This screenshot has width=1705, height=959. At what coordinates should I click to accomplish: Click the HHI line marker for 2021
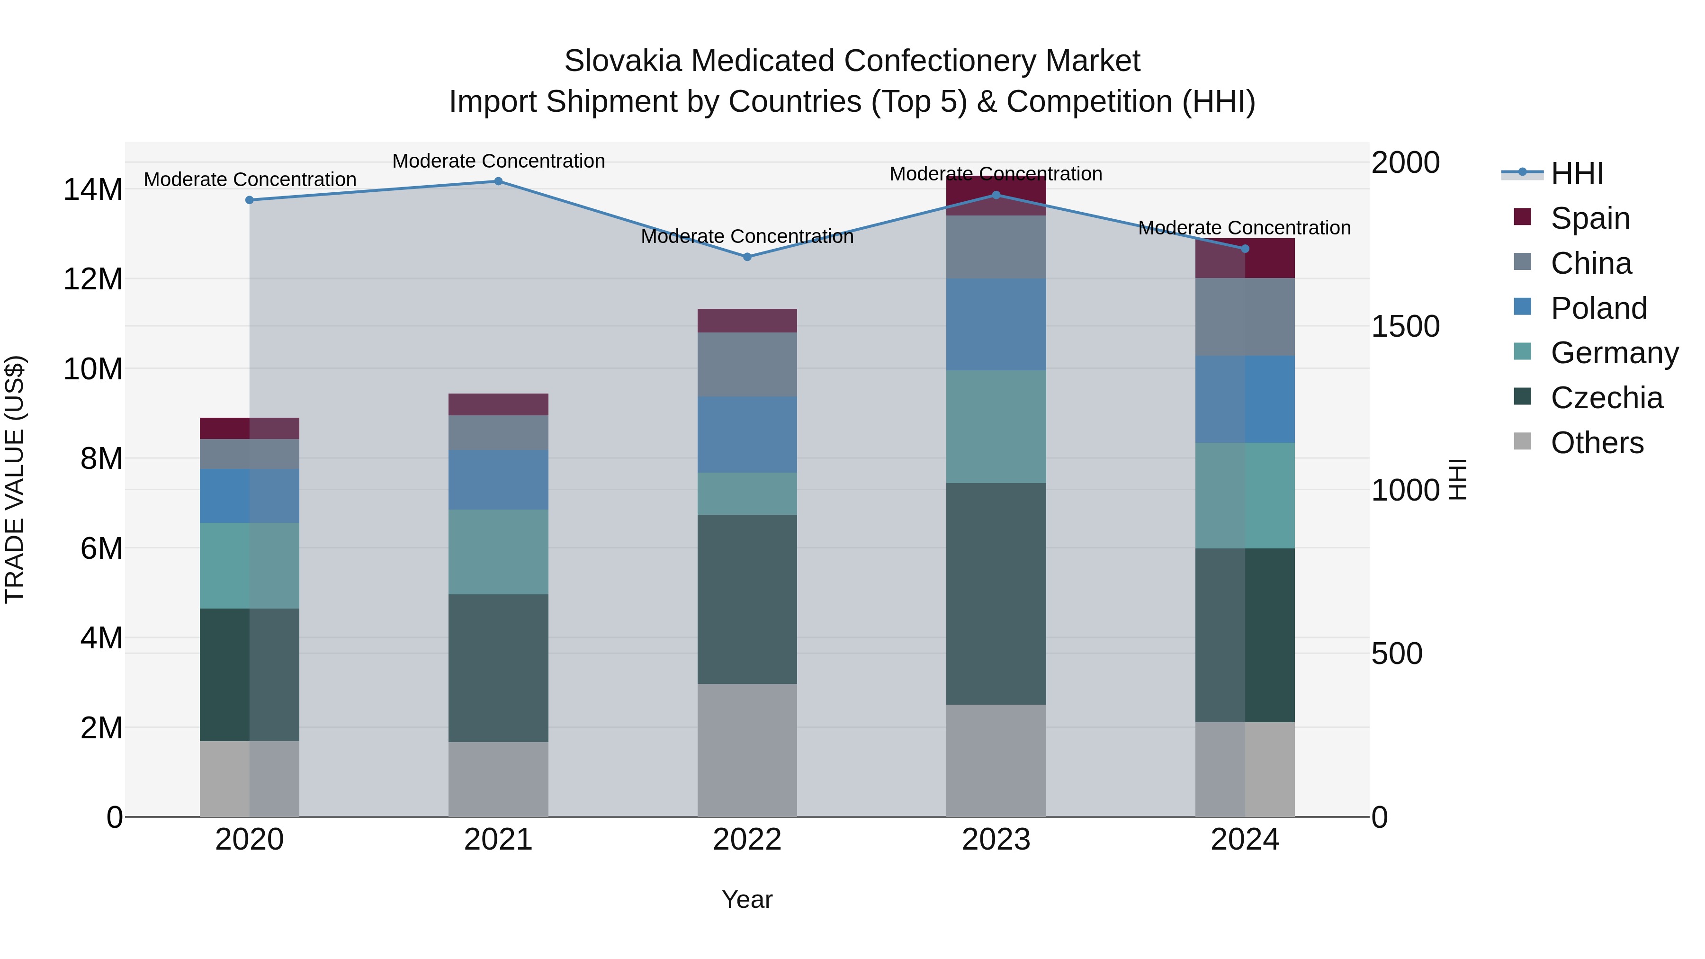click(x=498, y=181)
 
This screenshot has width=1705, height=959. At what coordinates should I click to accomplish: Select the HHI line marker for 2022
click(x=747, y=257)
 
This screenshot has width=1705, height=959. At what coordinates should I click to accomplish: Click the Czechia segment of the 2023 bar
click(x=996, y=594)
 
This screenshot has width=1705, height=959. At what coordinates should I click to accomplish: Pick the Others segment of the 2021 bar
click(x=498, y=779)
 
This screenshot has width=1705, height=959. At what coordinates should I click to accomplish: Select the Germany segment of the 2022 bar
click(x=747, y=494)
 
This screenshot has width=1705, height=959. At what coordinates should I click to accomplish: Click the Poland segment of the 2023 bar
click(x=996, y=324)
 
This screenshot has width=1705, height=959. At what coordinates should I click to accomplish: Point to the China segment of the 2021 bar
click(x=498, y=433)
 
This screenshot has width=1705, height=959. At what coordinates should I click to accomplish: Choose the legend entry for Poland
click(x=1598, y=308)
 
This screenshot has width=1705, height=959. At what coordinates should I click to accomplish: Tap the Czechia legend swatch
click(x=1522, y=397)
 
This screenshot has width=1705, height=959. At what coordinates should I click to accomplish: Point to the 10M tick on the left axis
click(x=93, y=368)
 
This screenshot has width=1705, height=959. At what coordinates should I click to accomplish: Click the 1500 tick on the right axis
click(x=1405, y=326)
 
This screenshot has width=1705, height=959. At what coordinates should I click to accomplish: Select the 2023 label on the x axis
click(x=996, y=840)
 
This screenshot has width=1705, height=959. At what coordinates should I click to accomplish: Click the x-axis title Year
click(x=747, y=899)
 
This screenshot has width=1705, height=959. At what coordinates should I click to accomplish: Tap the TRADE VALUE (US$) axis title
click(x=15, y=479)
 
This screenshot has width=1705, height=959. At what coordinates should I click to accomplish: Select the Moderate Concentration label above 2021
click(x=498, y=161)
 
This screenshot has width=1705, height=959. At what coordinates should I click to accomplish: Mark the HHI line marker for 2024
click(x=1245, y=249)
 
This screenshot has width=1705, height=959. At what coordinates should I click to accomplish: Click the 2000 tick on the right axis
click(x=1405, y=163)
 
